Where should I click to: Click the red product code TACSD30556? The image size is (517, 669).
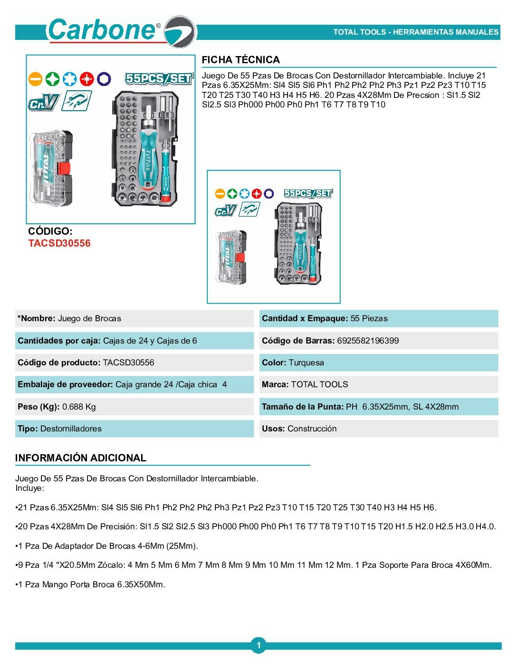[59, 243]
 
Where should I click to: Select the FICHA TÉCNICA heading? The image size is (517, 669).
[240, 60]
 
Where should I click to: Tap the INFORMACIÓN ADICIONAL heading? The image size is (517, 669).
[80, 458]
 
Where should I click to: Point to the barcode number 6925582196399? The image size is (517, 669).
[368, 341]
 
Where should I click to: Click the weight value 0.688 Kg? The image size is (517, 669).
[79, 407]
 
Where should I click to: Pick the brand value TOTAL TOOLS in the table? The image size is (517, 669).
[319, 384]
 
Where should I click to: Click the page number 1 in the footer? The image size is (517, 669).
[258, 645]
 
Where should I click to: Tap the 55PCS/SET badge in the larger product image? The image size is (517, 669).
[159, 78]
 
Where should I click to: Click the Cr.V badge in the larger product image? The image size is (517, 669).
[43, 103]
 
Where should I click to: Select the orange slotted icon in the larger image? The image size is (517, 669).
[35, 79]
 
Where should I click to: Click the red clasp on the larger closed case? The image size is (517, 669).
[64, 169]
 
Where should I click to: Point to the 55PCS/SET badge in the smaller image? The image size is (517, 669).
[308, 193]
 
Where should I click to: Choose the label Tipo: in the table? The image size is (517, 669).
[28, 429]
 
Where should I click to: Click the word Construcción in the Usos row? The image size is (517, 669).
[312, 429]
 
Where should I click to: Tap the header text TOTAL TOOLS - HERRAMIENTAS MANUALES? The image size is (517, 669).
[415, 32]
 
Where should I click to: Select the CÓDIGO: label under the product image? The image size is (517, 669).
[50, 231]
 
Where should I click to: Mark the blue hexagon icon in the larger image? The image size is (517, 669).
[104, 79]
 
